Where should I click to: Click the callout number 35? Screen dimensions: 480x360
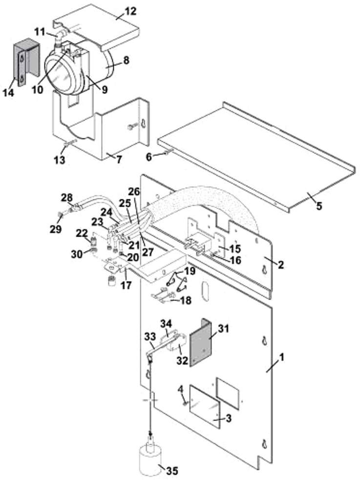[172, 471]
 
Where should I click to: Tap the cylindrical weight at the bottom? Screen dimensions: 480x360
[150, 459]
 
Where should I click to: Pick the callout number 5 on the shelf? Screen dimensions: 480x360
[318, 205]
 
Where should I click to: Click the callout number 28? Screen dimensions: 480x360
[67, 197]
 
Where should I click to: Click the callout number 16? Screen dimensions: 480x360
[235, 261]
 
